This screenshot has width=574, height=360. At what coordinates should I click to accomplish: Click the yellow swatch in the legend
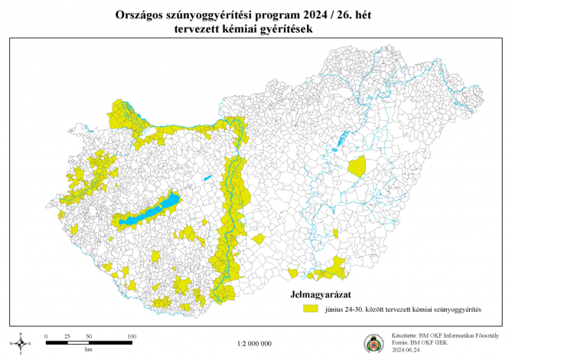tap(310, 309)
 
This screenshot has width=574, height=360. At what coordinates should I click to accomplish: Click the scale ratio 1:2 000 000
tap(255, 343)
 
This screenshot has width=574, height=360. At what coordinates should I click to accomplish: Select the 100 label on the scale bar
tap(131, 336)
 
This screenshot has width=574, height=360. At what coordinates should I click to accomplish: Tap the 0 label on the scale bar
tap(46, 336)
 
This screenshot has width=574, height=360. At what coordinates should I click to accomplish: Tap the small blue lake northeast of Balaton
tap(207, 180)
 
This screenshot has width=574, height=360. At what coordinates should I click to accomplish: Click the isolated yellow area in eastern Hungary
tap(357, 165)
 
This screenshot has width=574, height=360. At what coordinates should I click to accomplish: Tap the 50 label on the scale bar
tap(89, 336)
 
